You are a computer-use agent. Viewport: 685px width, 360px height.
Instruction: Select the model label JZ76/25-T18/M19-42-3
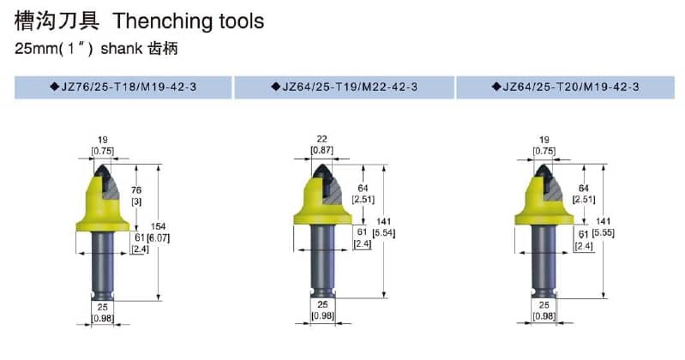(x=129, y=87)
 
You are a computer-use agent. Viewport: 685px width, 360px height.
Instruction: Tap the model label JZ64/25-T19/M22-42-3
(x=350, y=87)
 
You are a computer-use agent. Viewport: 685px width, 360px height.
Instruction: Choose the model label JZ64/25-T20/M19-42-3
(x=571, y=87)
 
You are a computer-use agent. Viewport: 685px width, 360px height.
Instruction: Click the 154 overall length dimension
(x=158, y=226)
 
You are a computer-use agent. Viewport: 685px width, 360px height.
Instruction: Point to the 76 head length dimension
(x=136, y=190)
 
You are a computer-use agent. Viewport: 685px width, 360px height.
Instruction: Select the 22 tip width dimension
(x=322, y=139)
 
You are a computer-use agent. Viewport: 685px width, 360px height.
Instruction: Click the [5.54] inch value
(x=383, y=233)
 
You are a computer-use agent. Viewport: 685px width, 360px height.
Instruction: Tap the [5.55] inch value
(x=603, y=232)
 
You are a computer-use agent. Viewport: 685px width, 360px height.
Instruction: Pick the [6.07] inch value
(x=158, y=238)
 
